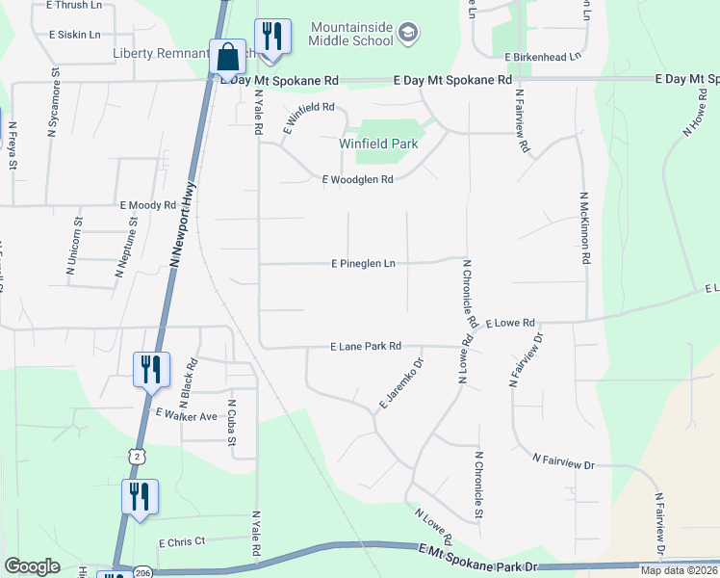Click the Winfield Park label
(x=378, y=144)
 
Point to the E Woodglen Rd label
(x=358, y=179)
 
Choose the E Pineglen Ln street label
(x=363, y=263)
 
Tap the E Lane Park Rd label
(x=365, y=346)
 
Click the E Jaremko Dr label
(x=401, y=383)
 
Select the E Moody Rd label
(x=148, y=205)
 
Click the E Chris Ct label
(x=183, y=542)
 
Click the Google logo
(x=32, y=566)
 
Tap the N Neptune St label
(x=127, y=247)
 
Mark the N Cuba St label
(x=231, y=423)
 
